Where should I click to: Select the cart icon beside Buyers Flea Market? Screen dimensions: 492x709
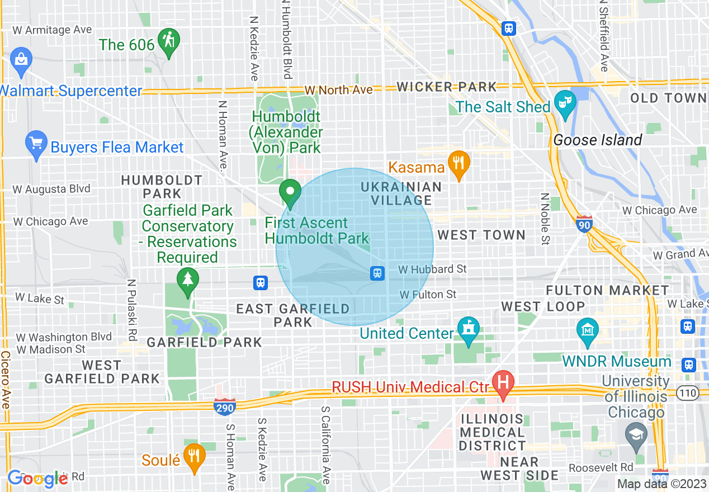coord(36,144)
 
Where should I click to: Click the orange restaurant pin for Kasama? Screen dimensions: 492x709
coord(459,164)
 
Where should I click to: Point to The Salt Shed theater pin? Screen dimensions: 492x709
coord(565,103)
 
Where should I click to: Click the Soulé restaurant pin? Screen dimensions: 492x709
coord(194,456)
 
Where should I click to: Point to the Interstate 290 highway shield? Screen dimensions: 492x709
coord(225,407)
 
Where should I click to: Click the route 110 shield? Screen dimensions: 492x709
coord(687,393)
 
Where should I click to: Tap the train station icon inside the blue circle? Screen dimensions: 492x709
coord(377,273)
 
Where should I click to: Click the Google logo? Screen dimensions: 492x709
coord(37,478)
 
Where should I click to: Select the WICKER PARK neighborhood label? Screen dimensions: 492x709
coord(447,87)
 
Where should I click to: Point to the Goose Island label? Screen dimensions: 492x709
coord(597,140)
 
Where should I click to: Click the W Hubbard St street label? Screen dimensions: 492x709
coord(432,269)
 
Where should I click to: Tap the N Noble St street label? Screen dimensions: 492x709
coord(544,219)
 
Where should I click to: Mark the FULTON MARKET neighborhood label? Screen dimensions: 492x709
coord(607,291)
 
